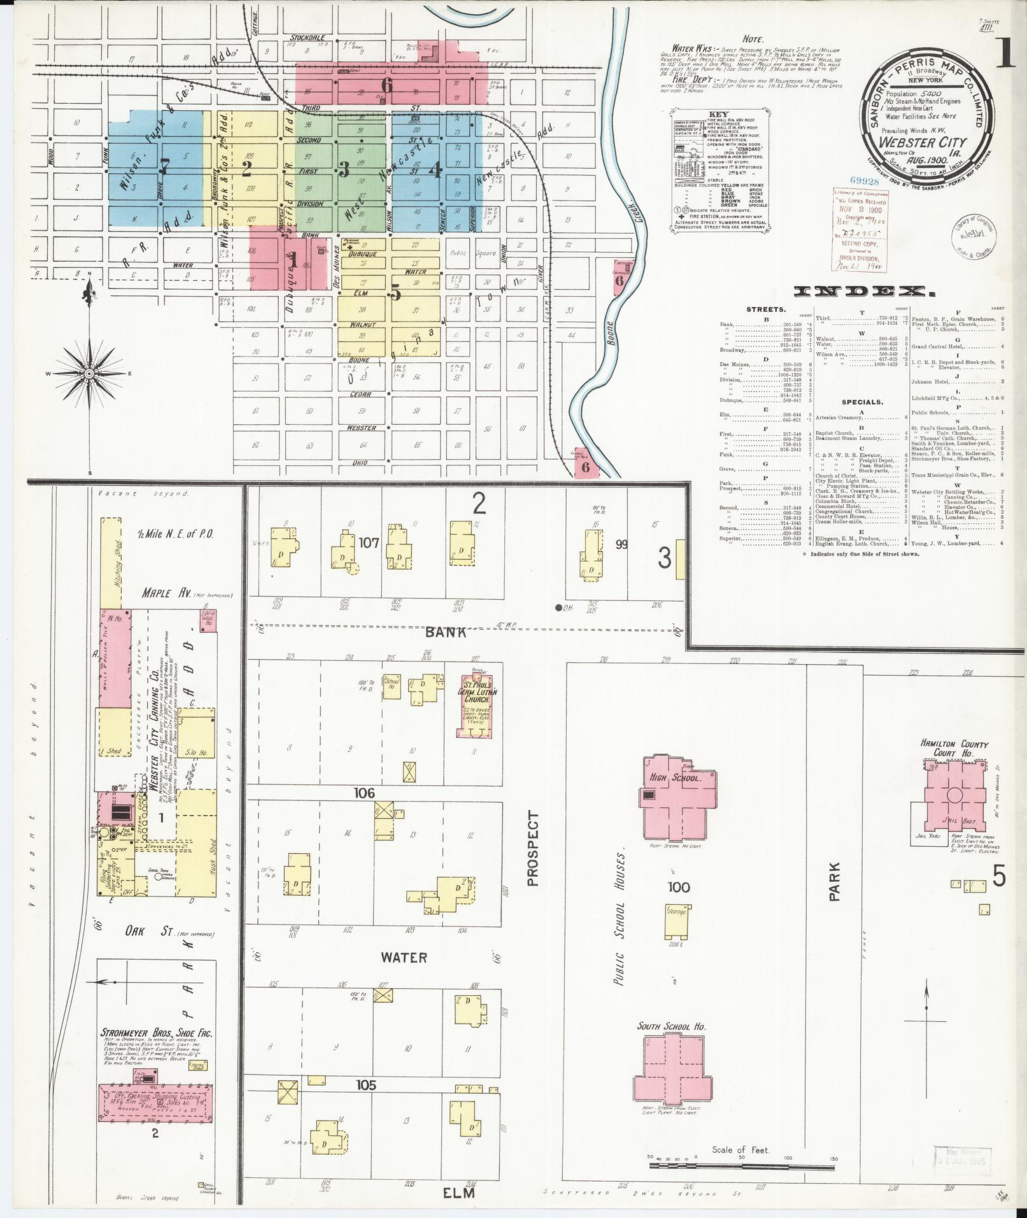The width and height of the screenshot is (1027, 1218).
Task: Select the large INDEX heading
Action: [x=860, y=292]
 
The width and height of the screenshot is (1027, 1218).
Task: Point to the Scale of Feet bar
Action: [x=742, y=1165]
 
